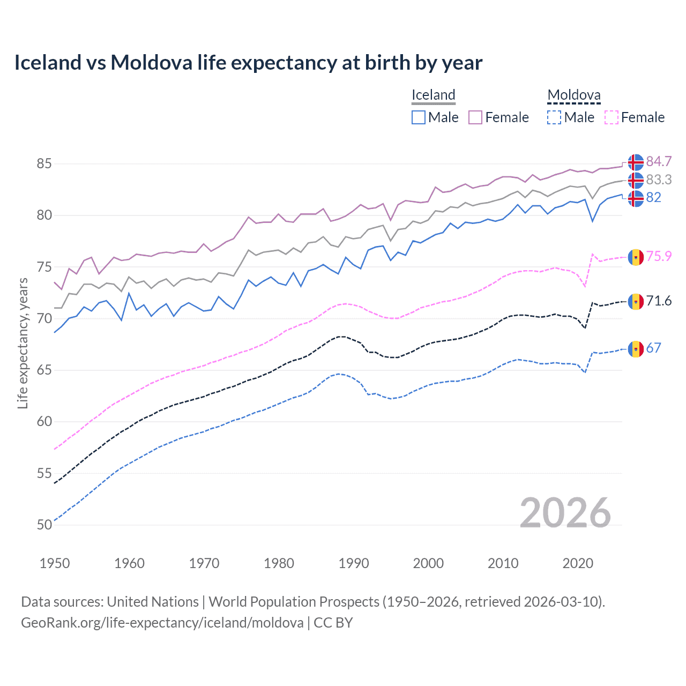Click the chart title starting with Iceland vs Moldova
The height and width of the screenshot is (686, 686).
click(248, 63)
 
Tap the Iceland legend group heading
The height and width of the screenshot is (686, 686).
click(433, 95)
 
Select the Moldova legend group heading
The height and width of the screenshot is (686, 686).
click(573, 95)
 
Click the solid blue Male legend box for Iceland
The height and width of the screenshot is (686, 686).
click(419, 117)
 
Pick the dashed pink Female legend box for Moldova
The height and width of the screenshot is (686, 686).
click(611, 117)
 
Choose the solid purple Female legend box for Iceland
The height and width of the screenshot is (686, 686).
click(475, 117)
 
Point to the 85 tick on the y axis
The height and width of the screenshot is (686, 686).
click(44, 163)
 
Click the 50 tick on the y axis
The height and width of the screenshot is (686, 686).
click(44, 525)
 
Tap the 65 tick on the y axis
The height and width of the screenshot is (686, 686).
click(44, 370)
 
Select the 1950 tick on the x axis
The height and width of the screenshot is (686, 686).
click(55, 563)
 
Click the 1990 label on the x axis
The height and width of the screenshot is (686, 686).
click(354, 563)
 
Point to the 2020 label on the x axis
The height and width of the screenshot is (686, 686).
click(578, 563)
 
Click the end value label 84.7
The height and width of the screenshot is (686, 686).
click(659, 161)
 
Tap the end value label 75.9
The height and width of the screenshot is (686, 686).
click(659, 256)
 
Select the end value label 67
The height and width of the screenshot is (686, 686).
click(653, 348)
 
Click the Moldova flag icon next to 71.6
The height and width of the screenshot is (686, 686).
click(636, 301)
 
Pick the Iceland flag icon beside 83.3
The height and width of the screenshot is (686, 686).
click(636, 180)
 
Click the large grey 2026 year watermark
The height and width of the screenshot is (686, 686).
click(565, 513)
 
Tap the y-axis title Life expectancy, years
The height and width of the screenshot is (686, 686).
click(23, 343)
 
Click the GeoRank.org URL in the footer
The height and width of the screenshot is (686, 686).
click(162, 623)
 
